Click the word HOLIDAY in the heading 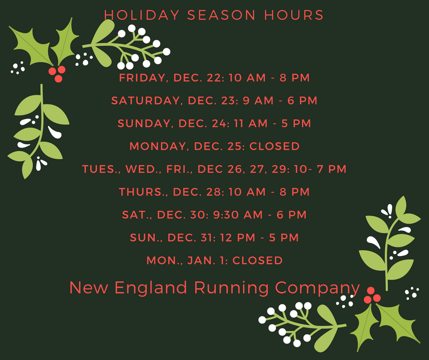coord(142,15)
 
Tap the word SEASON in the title coord(221,15)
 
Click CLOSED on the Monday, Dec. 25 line coord(274,146)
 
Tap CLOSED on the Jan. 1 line coord(257,260)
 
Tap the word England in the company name coord(151,287)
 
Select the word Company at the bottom coord(317,288)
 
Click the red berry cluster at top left coord(57,74)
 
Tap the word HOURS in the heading coord(294,15)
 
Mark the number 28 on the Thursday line coord(214,192)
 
